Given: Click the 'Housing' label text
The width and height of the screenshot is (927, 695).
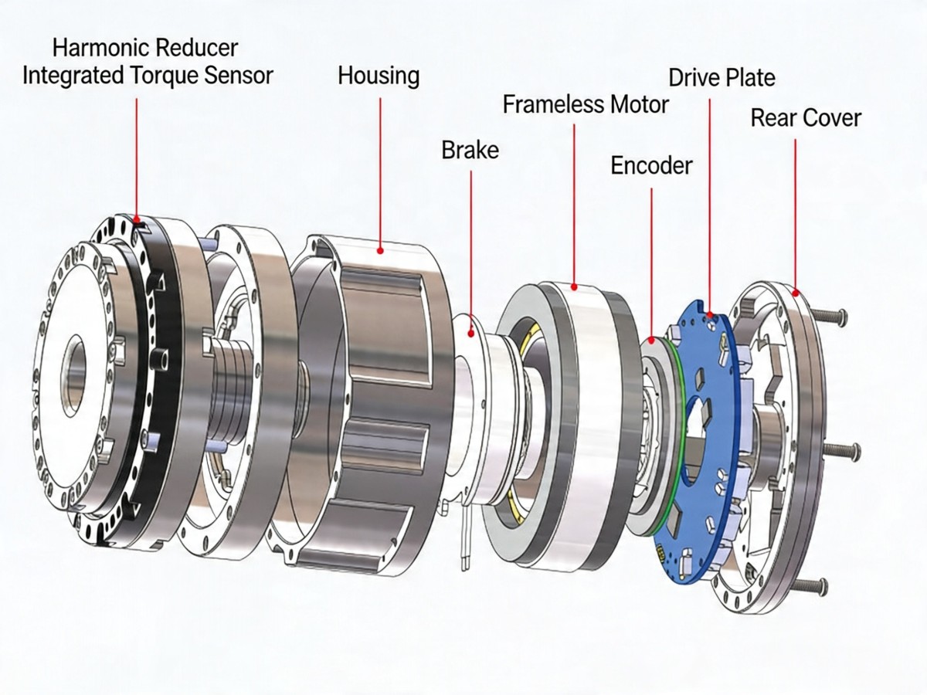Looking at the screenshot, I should point(379,76).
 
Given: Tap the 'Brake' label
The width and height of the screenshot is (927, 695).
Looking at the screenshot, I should point(470,149).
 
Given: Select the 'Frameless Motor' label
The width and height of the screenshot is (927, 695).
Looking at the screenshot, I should point(586,103).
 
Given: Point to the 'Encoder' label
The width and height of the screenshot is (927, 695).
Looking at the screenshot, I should point(651,165).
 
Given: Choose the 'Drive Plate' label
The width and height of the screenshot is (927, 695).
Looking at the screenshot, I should point(722,77).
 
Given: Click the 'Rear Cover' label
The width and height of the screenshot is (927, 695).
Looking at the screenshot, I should point(806,118).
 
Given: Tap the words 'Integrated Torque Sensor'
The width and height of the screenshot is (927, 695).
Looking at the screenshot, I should point(148,76).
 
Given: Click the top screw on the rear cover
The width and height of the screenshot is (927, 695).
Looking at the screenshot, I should point(830,315).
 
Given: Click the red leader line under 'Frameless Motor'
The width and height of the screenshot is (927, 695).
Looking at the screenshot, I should point(574,201).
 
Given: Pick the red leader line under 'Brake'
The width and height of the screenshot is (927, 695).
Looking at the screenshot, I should point(471,247).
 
